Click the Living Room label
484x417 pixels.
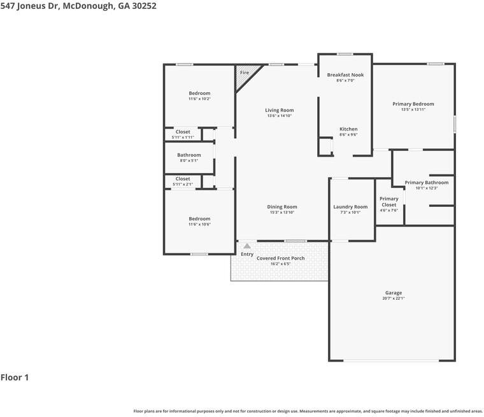pyautogui.click(x=280, y=110)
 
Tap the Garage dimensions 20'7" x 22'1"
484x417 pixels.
pyautogui.click(x=394, y=298)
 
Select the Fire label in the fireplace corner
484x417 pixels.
pyautogui.click(x=245, y=73)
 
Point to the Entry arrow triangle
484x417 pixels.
pyautogui.click(x=247, y=246)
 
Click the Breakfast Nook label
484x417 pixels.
pyautogui.click(x=345, y=74)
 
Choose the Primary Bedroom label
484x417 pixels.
pyautogui.click(x=413, y=104)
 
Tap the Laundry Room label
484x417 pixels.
pyautogui.click(x=350, y=207)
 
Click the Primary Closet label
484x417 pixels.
pyautogui.click(x=389, y=202)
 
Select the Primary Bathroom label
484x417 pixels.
pyautogui.click(x=427, y=183)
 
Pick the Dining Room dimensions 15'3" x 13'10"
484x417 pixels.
pyautogui.click(x=282, y=213)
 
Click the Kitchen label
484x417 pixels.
pyautogui.click(x=348, y=129)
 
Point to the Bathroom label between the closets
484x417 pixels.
pyautogui.click(x=189, y=155)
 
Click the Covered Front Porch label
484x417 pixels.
pyautogui.click(x=281, y=258)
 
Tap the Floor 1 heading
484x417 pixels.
pyautogui.click(x=15, y=378)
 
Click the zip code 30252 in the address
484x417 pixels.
pyautogui.click(x=144, y=6)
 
